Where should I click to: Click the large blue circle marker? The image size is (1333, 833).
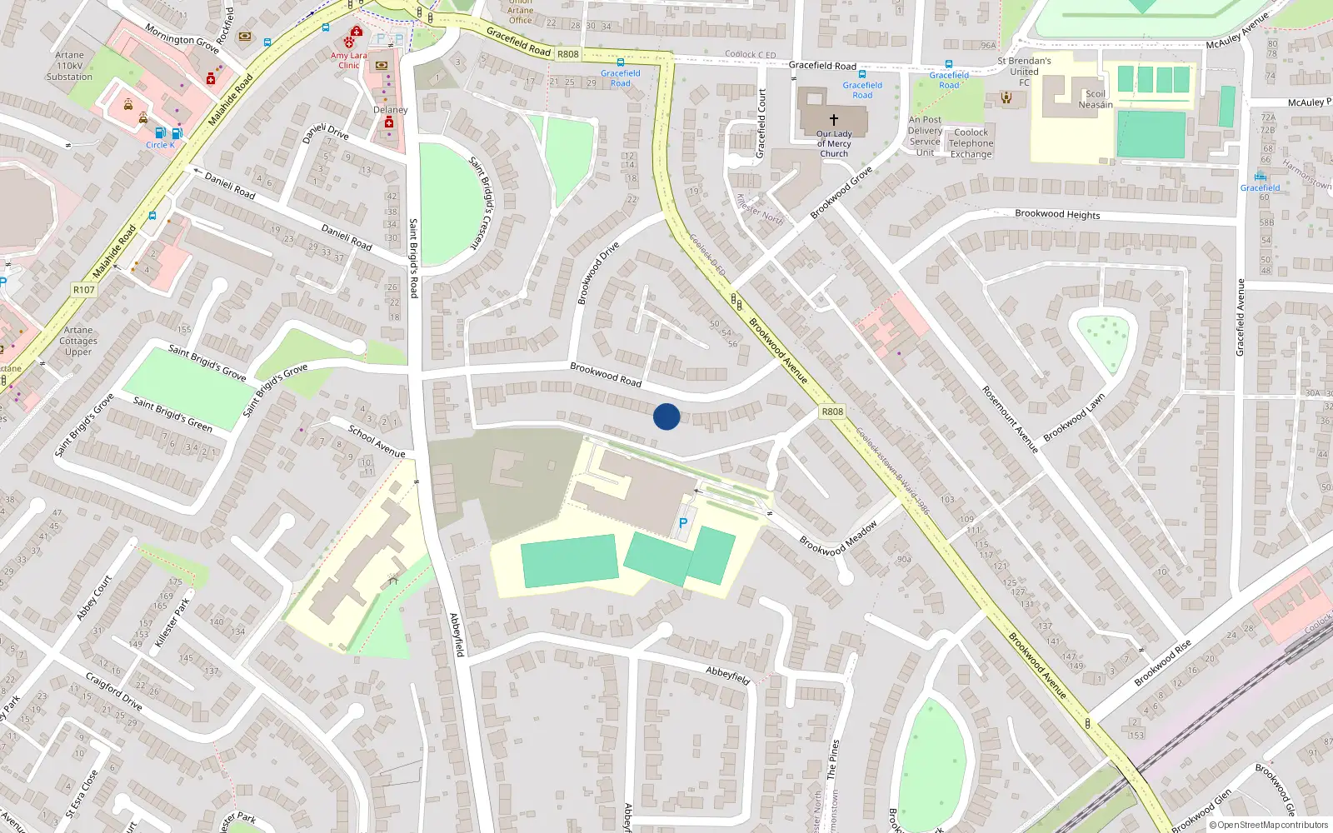(x=666, y=416)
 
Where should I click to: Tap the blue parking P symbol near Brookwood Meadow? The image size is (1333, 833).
(x=683, y=523)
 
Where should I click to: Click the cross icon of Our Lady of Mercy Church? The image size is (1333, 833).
(x=833, y=120)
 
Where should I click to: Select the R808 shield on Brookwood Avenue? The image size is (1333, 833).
(x=831, y=412)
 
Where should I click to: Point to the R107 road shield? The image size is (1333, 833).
(x=84, y=290)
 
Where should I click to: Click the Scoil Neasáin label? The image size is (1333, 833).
(x=1095, y=99)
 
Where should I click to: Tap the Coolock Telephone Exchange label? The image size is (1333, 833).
(x=971, y=143)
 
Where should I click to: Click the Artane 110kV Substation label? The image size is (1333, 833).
(x=69, y=66)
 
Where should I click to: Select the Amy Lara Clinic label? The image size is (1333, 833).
(x=348, y=61)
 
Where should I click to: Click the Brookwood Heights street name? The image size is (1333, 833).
(x=1057, y=214)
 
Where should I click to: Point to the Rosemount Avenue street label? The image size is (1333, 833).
(x=1009, y=419)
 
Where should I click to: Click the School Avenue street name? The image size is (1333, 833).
(x=377, y=441)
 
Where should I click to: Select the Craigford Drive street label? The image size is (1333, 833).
(x=114, y=691)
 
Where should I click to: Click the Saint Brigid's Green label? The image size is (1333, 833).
(x=172, y=414)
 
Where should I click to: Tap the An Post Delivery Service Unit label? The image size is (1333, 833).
(x=925, y=136)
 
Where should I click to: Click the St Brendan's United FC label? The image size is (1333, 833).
(x=1024, y=72)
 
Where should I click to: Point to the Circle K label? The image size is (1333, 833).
(x=160, y=145)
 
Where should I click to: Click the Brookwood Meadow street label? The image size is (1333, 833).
(x=838, y=539)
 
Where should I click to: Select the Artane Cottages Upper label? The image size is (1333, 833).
(x=78, y=341)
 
